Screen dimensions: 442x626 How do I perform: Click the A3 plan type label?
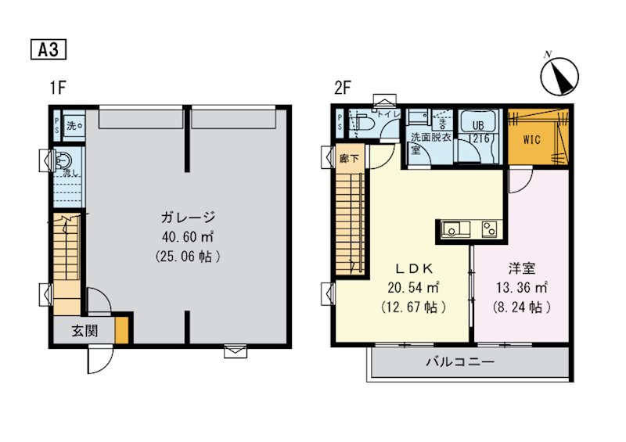click(48, 49)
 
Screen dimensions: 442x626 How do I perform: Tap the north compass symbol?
click(559, 76)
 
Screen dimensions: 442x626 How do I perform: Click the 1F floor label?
click(57, 88)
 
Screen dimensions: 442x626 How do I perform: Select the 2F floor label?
click(342, 88)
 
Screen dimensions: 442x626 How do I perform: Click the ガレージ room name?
click(189, 217)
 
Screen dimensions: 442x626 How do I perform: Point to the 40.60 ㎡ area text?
click(189, 236)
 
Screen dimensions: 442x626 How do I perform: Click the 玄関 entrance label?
click(85, 330)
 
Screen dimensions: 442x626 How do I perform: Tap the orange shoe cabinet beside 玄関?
click(121, 329)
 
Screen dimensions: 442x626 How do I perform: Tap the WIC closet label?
click(531, 140)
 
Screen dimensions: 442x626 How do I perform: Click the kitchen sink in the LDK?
click(454, 229)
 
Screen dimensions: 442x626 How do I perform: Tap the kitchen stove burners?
click(489, 229)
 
